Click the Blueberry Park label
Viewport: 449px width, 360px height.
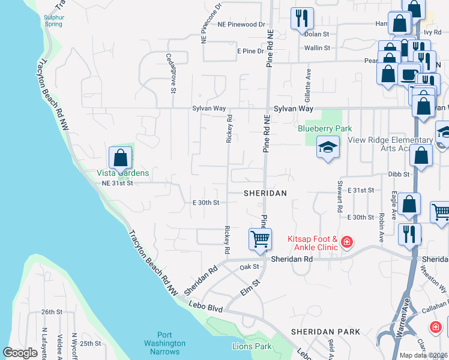(325, 128)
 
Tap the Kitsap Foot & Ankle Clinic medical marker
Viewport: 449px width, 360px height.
(346, 242)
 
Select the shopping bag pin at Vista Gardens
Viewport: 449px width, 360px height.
(121, 158)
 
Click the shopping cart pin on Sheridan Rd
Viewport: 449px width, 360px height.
(260, 239)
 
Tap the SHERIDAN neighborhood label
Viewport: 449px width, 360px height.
(265, 193)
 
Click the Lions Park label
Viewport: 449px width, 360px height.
(252, 346)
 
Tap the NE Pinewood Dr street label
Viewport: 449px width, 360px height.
(241, 25)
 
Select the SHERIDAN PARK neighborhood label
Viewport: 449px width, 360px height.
(325, 331)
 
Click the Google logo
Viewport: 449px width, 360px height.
(20, 353)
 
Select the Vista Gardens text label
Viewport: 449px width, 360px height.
(122, 173)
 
